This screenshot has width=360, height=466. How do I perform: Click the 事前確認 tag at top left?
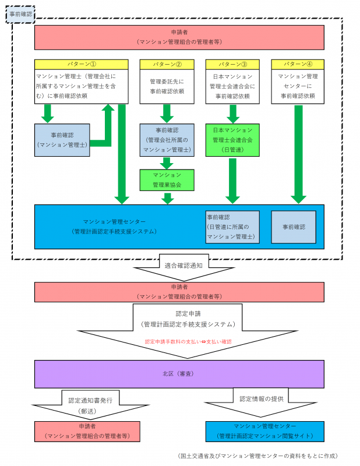[x=21, y=13]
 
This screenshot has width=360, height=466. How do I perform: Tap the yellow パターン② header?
[x=167, y=63]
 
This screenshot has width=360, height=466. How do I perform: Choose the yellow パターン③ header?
[x=232, y=63]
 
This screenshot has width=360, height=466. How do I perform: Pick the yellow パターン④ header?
[x=298, y=63]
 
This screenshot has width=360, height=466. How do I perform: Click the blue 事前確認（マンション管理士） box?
[x=62, y=140]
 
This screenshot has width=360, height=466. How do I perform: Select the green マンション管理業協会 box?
[x=167, y=180]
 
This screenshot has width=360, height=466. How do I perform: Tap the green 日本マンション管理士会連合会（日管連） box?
[x=232, y=140]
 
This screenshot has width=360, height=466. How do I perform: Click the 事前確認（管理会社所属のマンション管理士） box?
[x=167, y=140]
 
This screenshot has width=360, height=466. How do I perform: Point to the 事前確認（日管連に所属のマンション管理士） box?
[x=232, y=227]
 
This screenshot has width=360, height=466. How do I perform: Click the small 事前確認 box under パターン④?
[x=294, y=227]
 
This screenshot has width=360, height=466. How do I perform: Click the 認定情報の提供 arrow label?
[x=260, y=399]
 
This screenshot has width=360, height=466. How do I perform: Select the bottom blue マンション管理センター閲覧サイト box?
[x=264, y=431]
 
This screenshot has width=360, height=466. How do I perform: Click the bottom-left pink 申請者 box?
[x=87, y=431]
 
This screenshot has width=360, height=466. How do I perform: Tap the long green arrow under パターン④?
[x=298, y=153]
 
